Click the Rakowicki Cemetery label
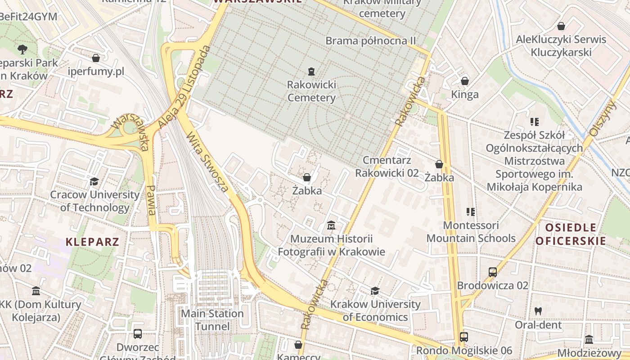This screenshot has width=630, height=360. point(311,91)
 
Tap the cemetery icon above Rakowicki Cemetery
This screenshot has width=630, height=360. point(311,71)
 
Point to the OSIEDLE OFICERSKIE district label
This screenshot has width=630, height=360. point(571,234)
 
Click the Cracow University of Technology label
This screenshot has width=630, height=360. point(94,201)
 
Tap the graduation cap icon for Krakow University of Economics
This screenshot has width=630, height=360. point(375,291)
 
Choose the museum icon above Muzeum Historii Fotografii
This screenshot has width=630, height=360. point(331,225)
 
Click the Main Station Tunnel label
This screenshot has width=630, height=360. point(212,320)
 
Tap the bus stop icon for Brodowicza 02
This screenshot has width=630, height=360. point(493,272)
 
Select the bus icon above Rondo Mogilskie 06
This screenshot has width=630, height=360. point(464,337)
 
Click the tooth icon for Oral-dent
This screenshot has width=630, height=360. point(538,311)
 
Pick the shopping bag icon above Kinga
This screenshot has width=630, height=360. point(465,81)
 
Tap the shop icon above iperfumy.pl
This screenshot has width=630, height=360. point(95,58)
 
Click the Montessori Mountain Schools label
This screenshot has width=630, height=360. point(471,231)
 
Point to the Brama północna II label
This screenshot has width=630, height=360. point(370,41)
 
